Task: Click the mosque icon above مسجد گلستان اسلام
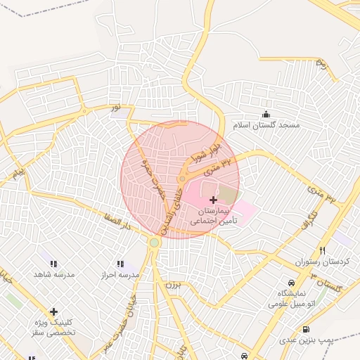point(266,114)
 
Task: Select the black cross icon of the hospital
point(213,200)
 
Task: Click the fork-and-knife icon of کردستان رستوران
point(323,250)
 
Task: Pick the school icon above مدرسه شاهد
point(54,264)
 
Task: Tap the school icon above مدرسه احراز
point(120,264)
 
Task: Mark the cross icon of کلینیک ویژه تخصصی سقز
point(53,311)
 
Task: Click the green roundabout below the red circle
point(154,243)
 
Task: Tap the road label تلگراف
point(309,217)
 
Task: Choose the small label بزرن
point(173,285)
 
